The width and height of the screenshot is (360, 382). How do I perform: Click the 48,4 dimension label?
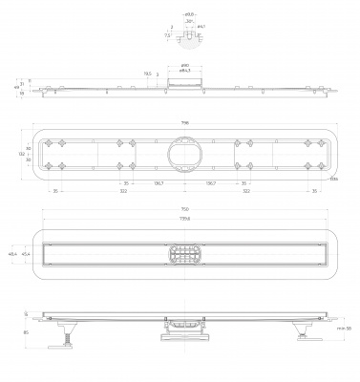(x=12, y=254)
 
